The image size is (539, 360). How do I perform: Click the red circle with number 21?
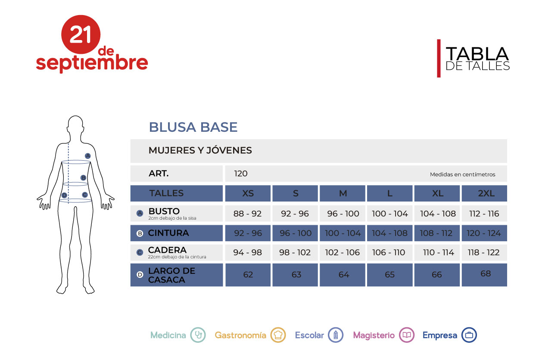pyautogui.click(x=81, y=34)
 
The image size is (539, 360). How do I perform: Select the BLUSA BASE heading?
pyautogui.click(x=193, y=127)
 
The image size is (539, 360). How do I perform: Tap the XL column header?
pyautogui.click(x=437, y=193)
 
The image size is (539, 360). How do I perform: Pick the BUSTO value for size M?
pyautogui.click(x=343, y=214)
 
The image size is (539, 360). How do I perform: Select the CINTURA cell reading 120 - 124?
pyautogui.click(x=484, y=233)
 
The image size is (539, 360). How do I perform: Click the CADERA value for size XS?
pyautogui.click(x=248, y=252)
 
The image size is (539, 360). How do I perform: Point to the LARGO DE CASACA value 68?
pyautogui.click(x=485, y=273)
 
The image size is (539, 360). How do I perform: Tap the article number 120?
pyautogui.click(x=240, y=174)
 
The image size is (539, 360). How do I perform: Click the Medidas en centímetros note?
pyautogui.click(x=462, y=174)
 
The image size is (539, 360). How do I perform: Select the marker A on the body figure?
pyautogui.click(x=88, y=156)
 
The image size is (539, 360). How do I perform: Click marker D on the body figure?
pyautogui.click(x=64, y=195)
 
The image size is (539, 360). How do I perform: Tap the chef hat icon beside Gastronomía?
pyautogui.click(x=278, y=335)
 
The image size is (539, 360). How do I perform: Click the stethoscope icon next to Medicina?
pyautogui.click(x=198, y=335)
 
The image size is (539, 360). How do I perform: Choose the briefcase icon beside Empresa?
pyautogui.click(x=469, y=335)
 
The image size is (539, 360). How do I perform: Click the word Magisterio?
pyautogui.click(x=374, y=335)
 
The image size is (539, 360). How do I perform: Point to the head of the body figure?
pyautogui.click(x=75, y=124)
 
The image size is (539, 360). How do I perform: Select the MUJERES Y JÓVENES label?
pyautogui.click(x=200, y=150)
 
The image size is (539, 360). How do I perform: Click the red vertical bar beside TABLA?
pyautogui.click(x=439, y=59)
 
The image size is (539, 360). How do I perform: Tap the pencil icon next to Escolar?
pyautogui.click(x=336, y=335)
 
